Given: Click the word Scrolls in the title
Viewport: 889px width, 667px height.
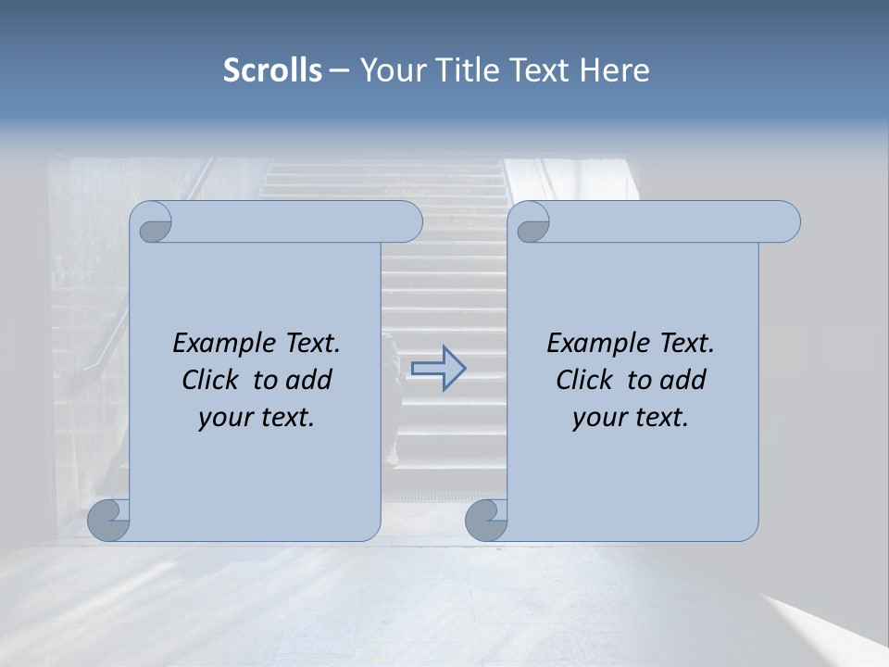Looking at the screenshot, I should [273, 70].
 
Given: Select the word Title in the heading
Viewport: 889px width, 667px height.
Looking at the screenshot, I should [470, 70].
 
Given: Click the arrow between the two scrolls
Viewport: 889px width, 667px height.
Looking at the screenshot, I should [439, 369].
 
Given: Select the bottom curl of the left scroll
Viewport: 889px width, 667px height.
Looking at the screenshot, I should [109, 520].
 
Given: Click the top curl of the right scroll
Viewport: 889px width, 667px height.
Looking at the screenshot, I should [532, 223].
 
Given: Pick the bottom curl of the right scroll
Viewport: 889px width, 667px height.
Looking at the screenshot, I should [485, 520].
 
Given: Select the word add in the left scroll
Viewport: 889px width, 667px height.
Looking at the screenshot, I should [308, 380].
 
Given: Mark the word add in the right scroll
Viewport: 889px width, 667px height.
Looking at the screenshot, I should [682, 380].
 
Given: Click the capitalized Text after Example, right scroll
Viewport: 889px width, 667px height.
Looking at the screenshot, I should [686, 344].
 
